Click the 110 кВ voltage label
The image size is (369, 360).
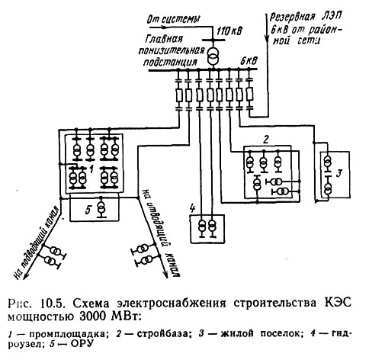[x=229, y=31]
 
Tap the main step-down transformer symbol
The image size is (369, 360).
[x=213, y=56]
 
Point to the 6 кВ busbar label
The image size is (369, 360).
[x=249, y=61]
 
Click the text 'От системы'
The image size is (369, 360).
[x=174, y=19]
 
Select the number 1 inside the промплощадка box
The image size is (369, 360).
[x=92, y=169]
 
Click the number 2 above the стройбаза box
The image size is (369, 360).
[x=266, y=140]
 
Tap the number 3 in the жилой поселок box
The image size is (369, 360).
[x=339, y=175]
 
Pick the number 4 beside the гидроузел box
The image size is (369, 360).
[x=192, y=209]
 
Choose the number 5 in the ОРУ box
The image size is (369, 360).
[x=88, y=210]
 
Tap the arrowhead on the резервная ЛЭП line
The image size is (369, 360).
[x=267, y=40]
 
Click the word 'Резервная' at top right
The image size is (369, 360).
[x=292, y=18]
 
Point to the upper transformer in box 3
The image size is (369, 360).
[x=328, y=162]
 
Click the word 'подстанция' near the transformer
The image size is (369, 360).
[x=170, y=62]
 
